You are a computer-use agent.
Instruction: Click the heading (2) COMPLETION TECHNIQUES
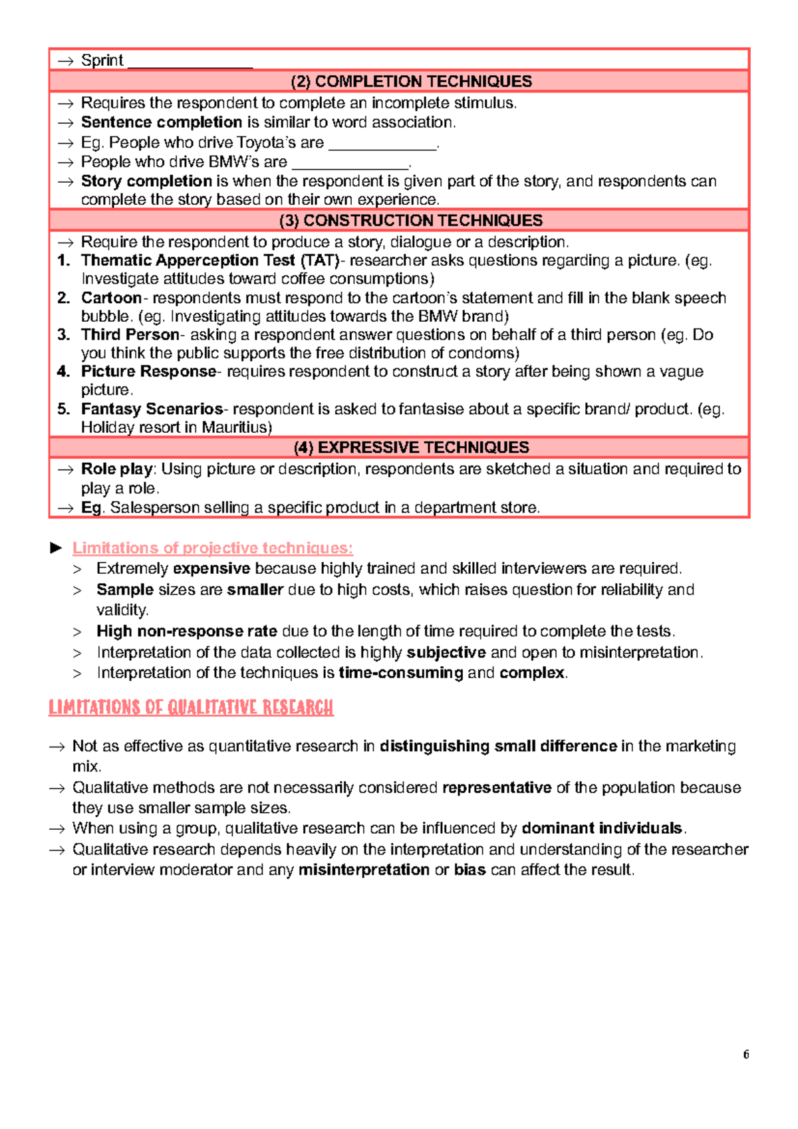(411, 82)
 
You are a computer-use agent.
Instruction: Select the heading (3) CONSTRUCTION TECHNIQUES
(411, 221)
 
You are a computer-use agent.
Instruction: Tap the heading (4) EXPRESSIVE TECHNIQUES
(411, 447)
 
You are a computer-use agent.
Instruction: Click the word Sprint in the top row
(102, 61)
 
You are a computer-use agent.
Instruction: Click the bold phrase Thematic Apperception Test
(188, 261)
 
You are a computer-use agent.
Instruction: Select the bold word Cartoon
(111, 298)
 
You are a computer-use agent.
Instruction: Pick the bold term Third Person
(130, 334)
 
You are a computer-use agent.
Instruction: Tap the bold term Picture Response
(148, 372)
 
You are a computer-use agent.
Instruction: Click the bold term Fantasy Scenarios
(152, 409)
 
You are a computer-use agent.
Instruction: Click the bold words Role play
(117, 469)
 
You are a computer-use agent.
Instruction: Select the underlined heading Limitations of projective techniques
(213, 548)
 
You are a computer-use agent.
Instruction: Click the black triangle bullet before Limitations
(57, 548)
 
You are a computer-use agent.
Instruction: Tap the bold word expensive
(211, 568)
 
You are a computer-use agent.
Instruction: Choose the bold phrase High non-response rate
(187, 631)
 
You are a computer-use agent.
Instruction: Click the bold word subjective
(446, 652)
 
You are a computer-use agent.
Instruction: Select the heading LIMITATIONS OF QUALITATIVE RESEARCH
(191, 707)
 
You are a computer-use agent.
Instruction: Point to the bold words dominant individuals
(602, 828)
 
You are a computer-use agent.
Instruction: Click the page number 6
(746, 1055)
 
